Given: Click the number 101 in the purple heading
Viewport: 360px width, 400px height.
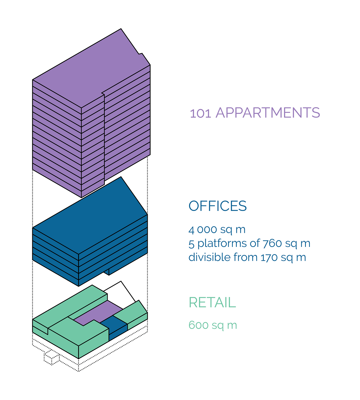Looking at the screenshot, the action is [200, 113].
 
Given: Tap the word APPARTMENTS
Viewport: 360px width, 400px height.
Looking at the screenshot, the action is [268, 113].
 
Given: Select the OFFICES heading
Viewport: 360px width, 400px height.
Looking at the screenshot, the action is [217, 206].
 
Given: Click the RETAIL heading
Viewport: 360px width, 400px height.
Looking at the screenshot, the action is [212, 302].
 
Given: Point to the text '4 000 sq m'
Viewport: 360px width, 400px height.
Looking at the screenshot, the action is [217, 230].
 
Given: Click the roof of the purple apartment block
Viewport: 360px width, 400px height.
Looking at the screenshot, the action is [90, 70].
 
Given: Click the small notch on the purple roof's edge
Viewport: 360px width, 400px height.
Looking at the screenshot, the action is [141, 54].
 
